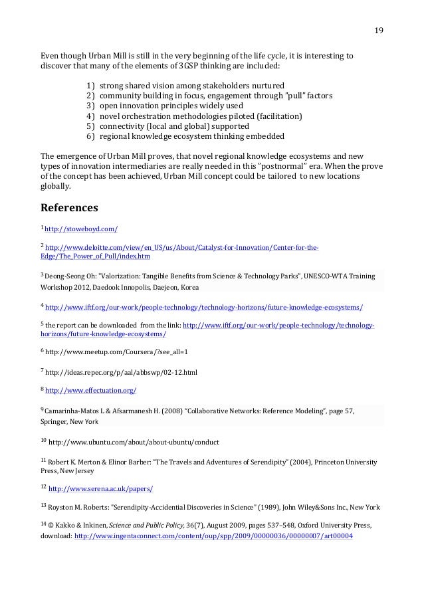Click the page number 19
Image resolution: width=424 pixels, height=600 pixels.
point(379,29)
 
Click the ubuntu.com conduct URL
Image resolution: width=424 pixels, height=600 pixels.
point(134,441)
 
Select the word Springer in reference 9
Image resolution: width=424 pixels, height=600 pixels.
point(56,421)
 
